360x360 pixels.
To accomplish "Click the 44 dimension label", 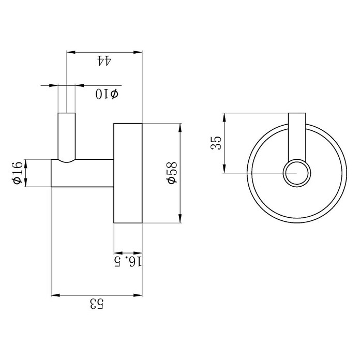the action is pyautogui.click(x=104, y=61).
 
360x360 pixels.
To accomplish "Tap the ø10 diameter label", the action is pyautogui.click(x=107, y=94).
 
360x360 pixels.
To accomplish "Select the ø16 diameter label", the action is pyautogui.click(x=18, y=173).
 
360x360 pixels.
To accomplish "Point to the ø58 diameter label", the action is pyautogui.click(x=172, y=173).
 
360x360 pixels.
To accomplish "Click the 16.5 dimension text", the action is pyautogui.click(x=128, y=262).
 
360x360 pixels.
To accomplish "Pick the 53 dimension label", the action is pyautogui.click(x=97, y=304).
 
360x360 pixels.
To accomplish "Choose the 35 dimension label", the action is pyautogui.click(x=216, y=143).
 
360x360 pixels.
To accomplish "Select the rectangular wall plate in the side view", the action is pyautogui.click(x=128, y=173).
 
